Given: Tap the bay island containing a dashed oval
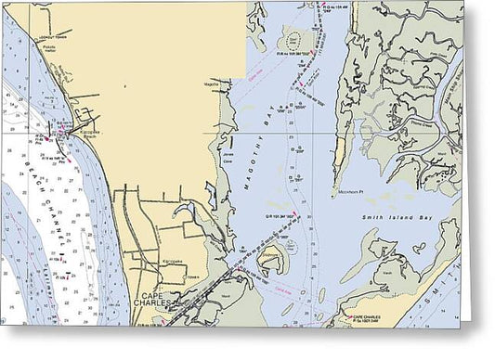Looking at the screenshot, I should [x=295, y=41].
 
